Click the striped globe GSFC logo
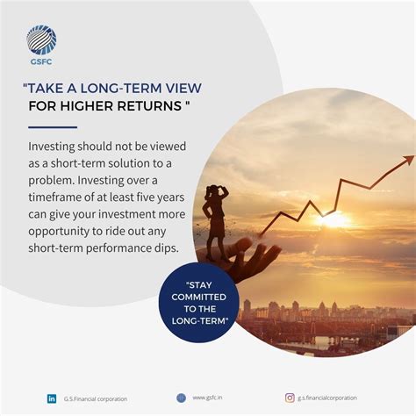[x=41, y=39]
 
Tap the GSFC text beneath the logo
[x=41, y=61]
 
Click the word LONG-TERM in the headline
[x=121, y=89]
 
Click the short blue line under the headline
[x=53, y=127]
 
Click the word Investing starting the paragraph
[x=52, y=147]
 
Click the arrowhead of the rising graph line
[x=408, y=160]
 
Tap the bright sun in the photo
[x=333, y=219]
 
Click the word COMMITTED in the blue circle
[x=199, y=297]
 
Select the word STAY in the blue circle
[x=199, y=285]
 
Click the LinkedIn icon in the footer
[x=52, y=398]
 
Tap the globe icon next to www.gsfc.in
[x=181, y=398]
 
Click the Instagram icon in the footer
[x=290, y=398]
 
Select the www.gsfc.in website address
[x=207, y=398]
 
